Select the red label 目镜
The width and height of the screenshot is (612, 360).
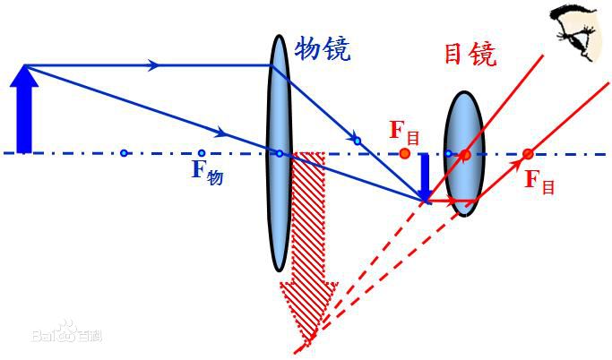pyautogui.click(x=470, y=55)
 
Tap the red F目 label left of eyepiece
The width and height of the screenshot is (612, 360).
pyautogui.click(x=404, y=133)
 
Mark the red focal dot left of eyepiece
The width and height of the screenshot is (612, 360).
pyautogui.click(x=405, y=153)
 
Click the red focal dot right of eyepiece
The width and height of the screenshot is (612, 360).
pyautogui.click(x=528, y=153)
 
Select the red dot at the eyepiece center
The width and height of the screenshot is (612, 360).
pyautogui.click(x=465, y=154)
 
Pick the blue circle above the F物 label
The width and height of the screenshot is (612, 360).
pyautogui.click(x=202, y=153)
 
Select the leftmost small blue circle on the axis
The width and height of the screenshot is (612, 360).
pyautogui.click(x=124, y=153)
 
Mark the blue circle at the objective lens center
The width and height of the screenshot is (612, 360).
pyautogui.click(x=279, y=153)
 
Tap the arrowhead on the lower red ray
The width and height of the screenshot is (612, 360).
pyautogui.click(x=519, y=163)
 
